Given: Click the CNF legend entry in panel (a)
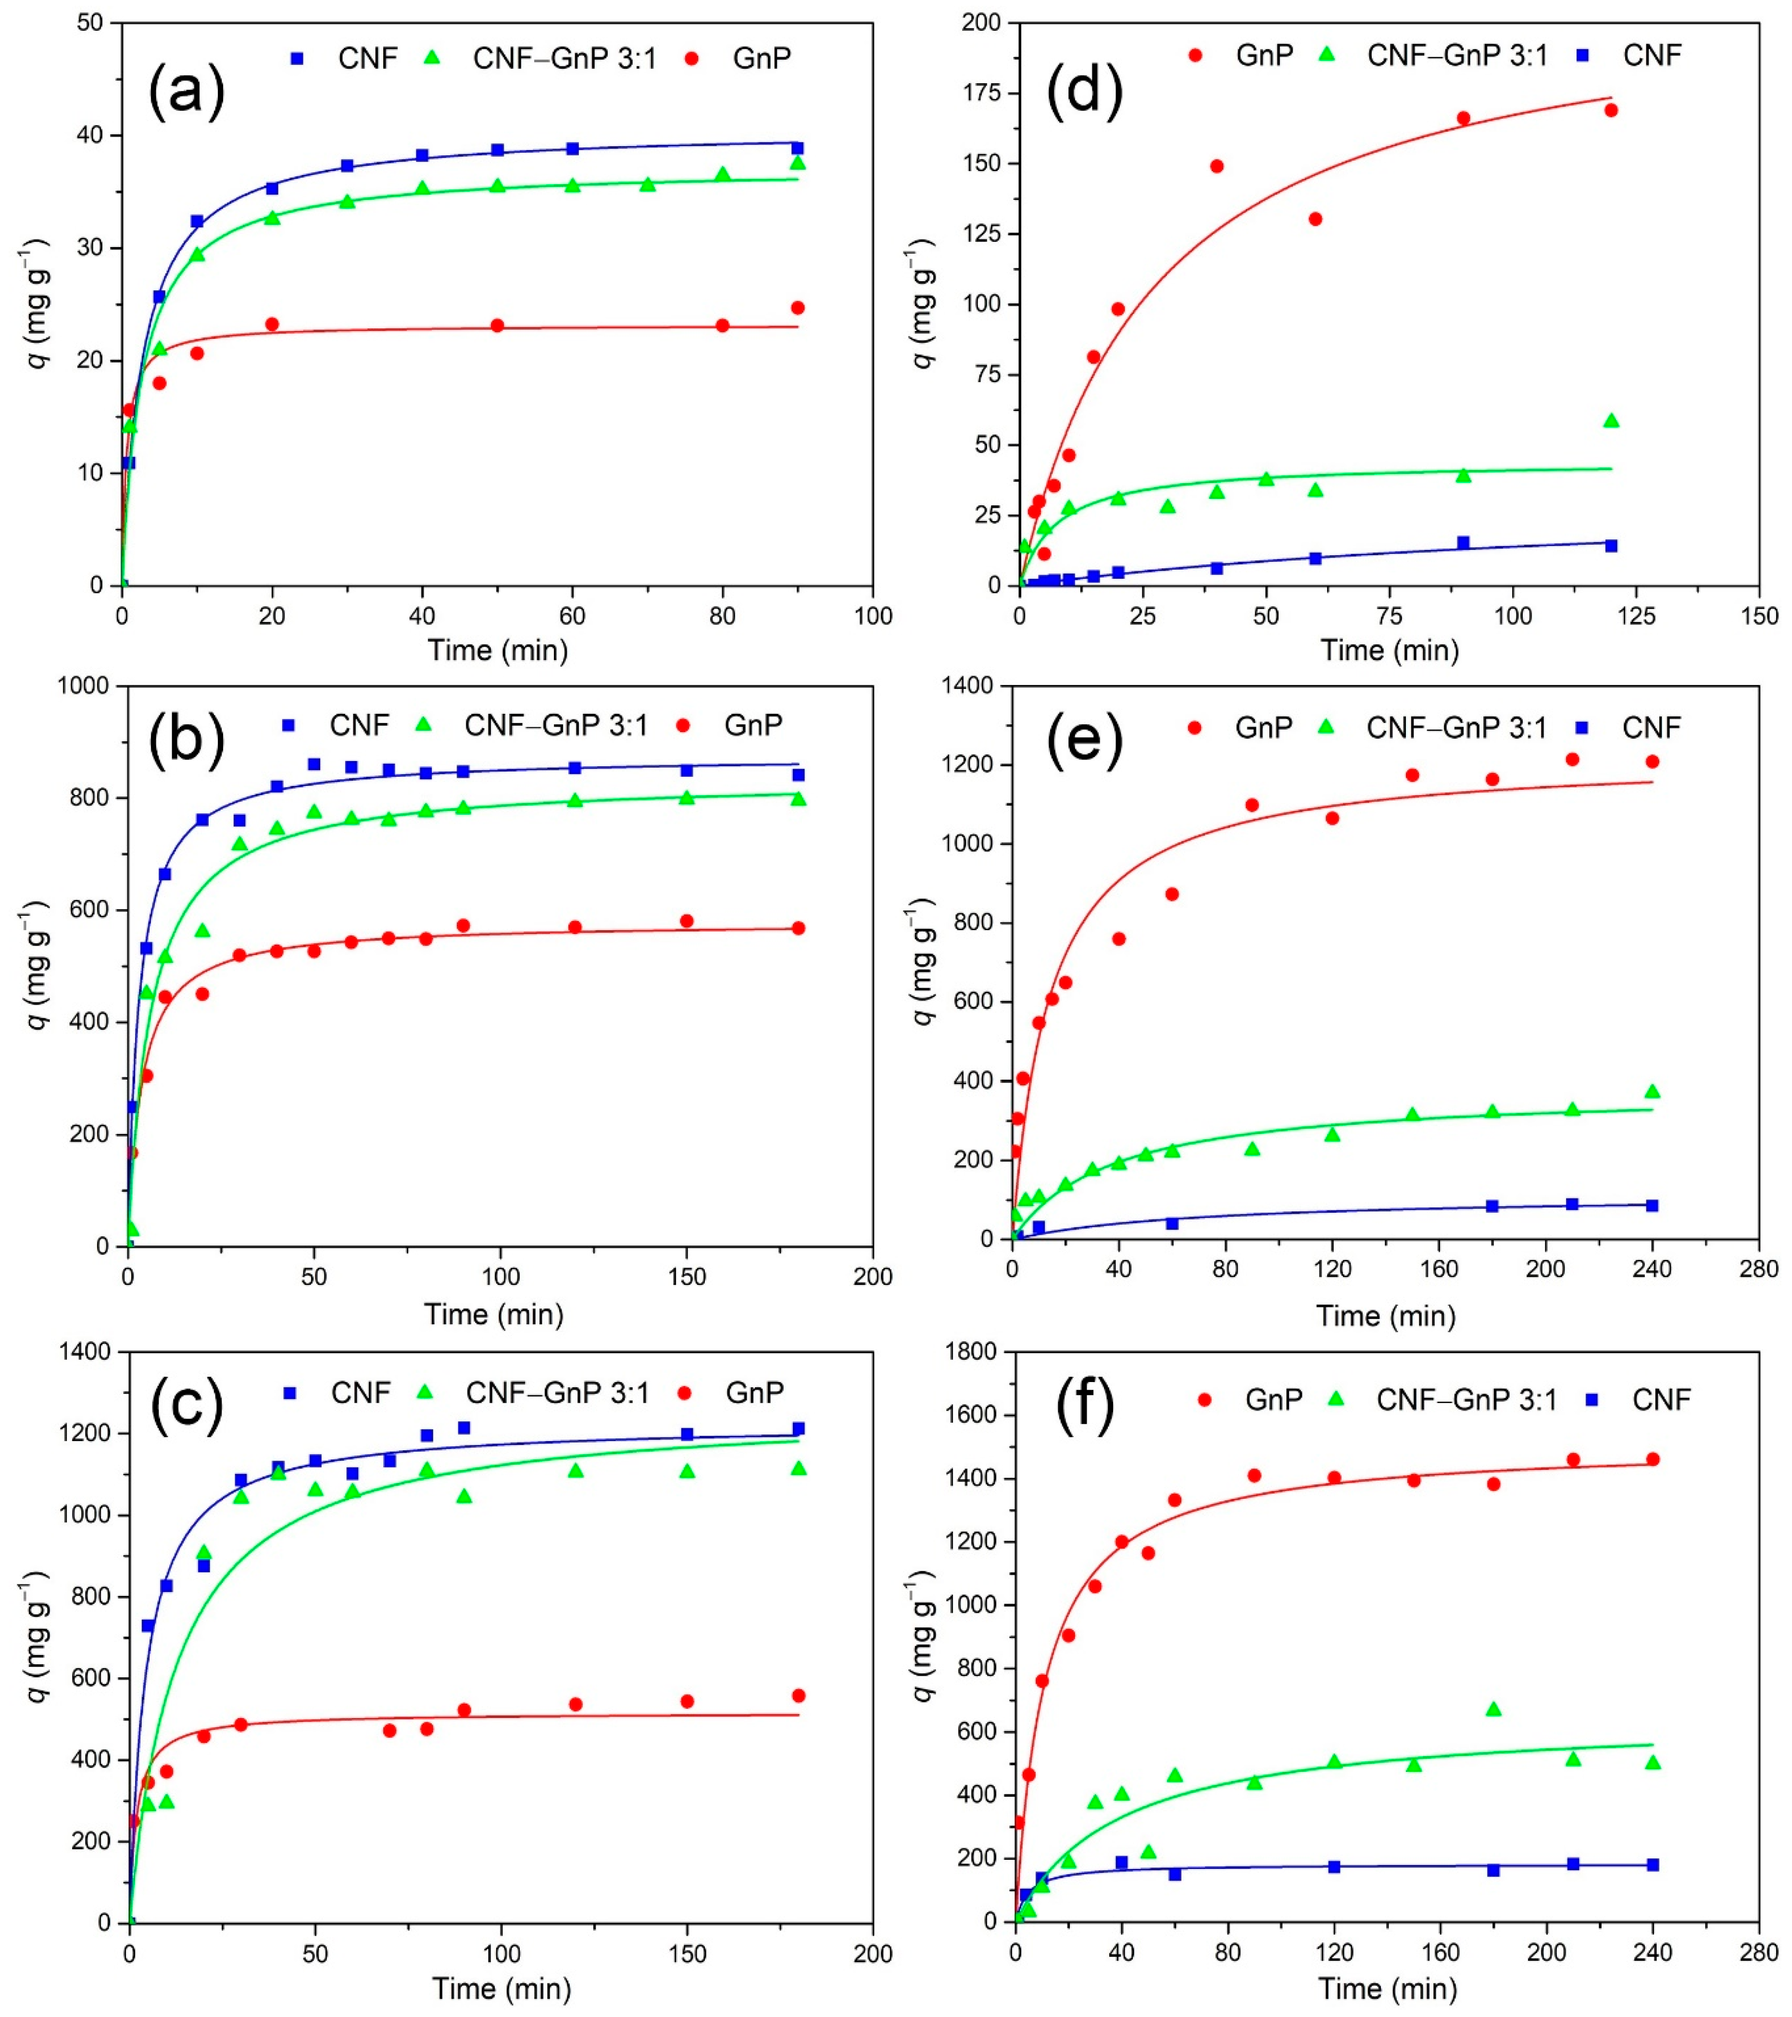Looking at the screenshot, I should [345, 58].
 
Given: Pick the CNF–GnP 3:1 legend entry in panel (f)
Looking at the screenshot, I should [1446, 1399].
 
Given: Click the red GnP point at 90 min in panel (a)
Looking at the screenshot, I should [797, 308].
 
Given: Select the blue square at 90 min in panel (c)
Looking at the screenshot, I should [464, 1428].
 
